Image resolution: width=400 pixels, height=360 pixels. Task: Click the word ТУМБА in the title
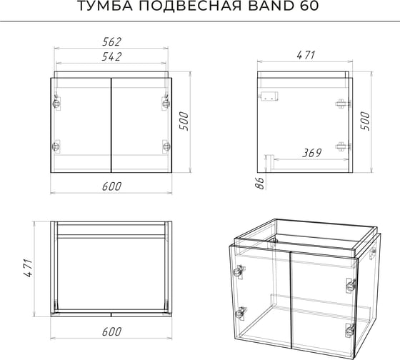coord(105,6)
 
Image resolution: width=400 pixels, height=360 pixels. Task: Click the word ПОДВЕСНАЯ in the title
coord(190,6)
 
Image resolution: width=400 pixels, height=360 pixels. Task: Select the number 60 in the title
coord(309,6)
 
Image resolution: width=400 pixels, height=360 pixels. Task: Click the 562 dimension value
coord(111,42)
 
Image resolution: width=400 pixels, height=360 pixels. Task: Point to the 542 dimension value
coord(111,57)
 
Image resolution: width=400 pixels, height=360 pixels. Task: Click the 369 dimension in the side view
coord(311,153)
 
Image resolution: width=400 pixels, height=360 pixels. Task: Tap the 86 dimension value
coord(260,183)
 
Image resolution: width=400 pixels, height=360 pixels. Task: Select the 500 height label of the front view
coord(184,121)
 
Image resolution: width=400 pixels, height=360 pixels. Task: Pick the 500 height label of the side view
coord(365,121)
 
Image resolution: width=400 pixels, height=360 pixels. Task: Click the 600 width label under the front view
coord(111,186)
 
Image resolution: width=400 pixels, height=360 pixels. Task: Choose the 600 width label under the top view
coord(111,332)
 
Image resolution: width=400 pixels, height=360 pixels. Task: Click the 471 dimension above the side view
coord(306,56)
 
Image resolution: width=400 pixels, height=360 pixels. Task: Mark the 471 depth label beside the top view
coord(28,269)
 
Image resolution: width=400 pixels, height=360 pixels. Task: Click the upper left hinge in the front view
coord(56,103)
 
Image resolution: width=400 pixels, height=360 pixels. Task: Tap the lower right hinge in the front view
coord(166,146)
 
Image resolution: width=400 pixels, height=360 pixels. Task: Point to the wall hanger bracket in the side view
coord(269,96)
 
